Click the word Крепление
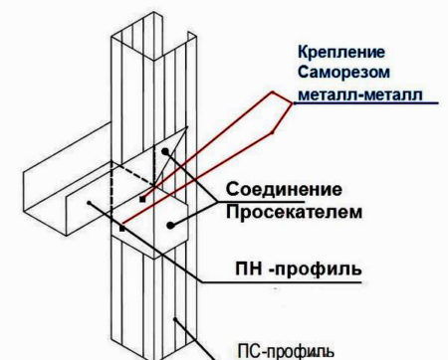pos(341,53)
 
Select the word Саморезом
pos(343,73)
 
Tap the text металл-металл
pos(360,94)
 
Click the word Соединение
pos(284,189)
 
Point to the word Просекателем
pos(294,212)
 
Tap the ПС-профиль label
pos(286,352)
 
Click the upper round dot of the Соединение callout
pos(165,151)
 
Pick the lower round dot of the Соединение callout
pos(170,226)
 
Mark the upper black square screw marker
pos(142,199)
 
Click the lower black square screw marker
pos(122,229)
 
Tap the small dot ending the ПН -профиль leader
pos(89,203)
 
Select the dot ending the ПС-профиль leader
pos(175,319)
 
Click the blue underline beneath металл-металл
pos(366,103)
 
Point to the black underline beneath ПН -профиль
pos(282,282)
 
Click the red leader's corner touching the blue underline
pos(294,103)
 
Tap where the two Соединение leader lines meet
pos(217,202)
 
